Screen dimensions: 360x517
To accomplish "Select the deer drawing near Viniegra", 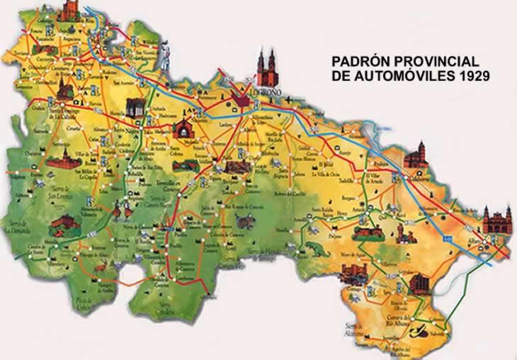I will (x=101, y=266).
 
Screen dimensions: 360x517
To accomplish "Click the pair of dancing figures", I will (x=122, y=210).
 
